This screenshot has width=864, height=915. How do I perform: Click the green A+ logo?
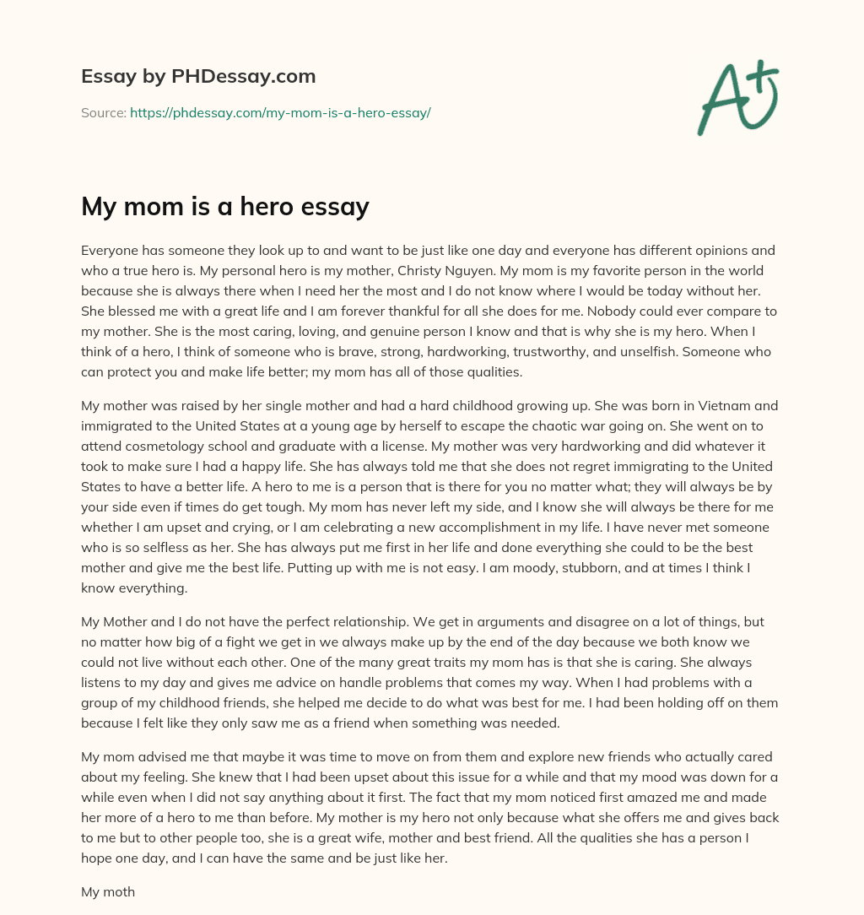click(737, 99)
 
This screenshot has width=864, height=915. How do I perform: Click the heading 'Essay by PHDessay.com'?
click(198, 77)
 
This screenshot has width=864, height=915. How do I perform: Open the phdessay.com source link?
click(280, 112)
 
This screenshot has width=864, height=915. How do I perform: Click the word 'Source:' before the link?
click(103, 112)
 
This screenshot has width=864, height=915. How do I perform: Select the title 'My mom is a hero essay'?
click(225, 207)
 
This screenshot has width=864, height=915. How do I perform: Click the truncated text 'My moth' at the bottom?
click(108, 891)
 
